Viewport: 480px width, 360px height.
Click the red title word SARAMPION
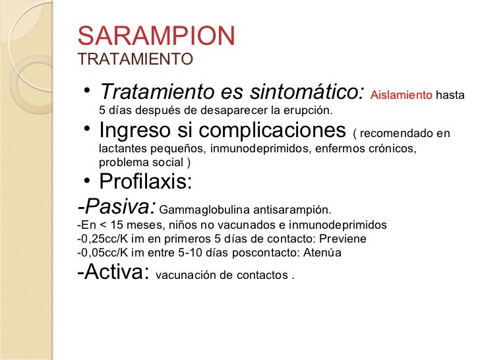(156, 36)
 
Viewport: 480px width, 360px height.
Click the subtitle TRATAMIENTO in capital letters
(135, 59)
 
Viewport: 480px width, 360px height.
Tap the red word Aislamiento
(402, 95)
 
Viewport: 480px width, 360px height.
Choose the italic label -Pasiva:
(117, 206)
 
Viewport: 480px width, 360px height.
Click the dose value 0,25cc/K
(103, 239)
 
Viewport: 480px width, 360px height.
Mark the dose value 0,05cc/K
(103, 253)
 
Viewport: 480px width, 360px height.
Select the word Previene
(344, 239)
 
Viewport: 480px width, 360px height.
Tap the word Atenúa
(322, 253)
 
